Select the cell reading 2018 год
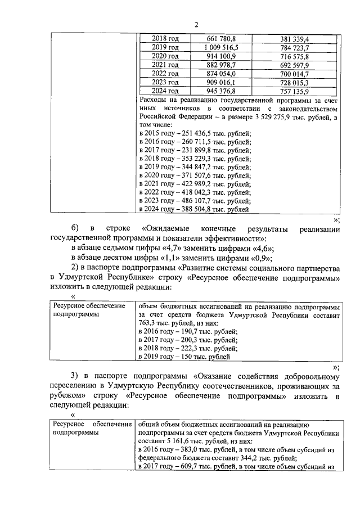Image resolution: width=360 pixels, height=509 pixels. click(165, 39)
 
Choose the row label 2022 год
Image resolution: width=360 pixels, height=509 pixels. click(165, 74)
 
